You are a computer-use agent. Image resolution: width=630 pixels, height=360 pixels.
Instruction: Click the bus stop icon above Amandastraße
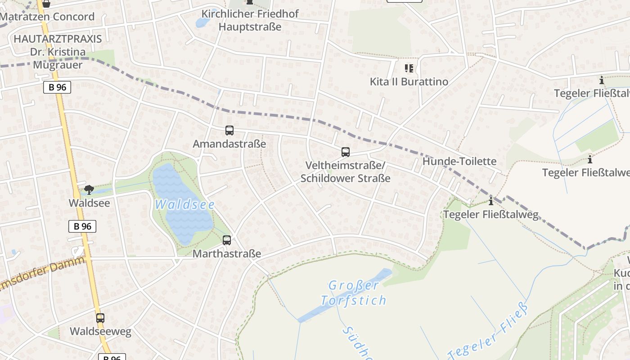[x=229, y=130]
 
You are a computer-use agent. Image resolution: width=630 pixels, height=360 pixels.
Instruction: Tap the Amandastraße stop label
[x=229, y=144]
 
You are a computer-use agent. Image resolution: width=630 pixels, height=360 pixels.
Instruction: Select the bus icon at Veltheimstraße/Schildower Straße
[x=345, y=152]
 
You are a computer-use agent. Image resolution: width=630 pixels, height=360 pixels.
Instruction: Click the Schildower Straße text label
[x=345, y=178]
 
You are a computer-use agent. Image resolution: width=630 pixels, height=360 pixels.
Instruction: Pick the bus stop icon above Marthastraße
[x=227, y=240]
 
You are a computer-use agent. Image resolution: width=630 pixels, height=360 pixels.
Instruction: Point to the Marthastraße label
[x=227, y=254]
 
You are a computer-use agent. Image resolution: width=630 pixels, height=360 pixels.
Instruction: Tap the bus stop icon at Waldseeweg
[x=100, y=318]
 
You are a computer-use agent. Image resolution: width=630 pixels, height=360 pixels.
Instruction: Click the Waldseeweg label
[x=100, y=332]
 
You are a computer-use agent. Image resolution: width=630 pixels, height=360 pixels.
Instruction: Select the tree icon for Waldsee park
[x=89, y=190]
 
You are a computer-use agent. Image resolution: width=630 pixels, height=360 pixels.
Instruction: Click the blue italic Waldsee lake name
[x=184, y=205]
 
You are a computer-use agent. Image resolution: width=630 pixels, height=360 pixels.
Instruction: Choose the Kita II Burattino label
[x=409, y=81]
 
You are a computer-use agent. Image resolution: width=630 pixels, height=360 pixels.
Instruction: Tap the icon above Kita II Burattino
[x=409, y=68]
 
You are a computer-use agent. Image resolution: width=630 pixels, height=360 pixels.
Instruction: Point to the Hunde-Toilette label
[x=459, y=162]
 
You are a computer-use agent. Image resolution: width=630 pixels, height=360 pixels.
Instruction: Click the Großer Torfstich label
[x=353, y=293]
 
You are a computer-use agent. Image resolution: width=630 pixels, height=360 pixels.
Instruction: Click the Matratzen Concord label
[x=47, y=17]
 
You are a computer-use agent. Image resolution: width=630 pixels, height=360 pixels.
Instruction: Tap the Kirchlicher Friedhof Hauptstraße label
[x=250, y=20]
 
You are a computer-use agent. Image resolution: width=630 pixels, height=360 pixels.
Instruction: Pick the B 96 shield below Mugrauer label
[x=57, y=87]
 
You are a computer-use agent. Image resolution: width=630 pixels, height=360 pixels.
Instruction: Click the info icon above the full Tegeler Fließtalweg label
[x=491, y=201]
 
